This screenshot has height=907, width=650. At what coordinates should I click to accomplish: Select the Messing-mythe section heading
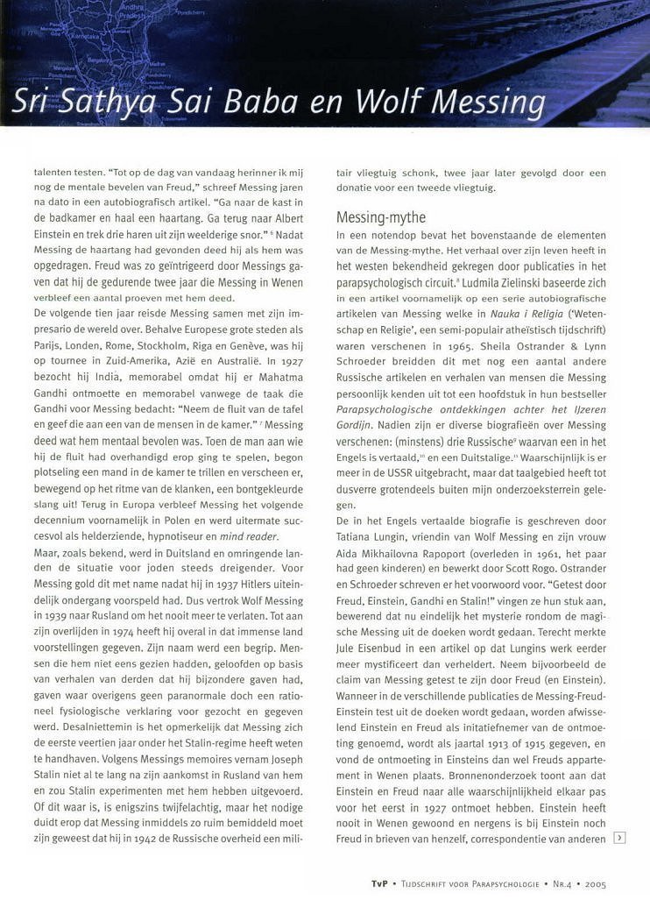(x=381, y=216)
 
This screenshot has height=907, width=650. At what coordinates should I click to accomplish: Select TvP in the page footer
(x=379, y=883)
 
